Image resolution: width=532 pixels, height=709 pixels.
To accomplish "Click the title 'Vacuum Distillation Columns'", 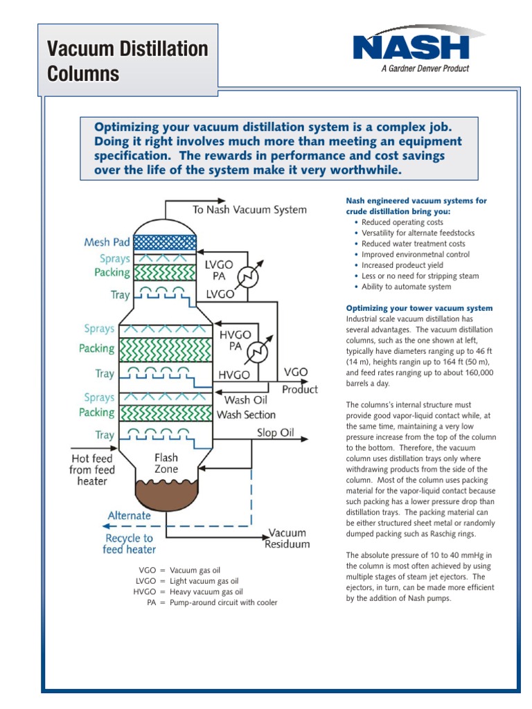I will [x=127, y=61].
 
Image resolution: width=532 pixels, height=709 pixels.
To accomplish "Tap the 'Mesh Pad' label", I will [x=107, y=242].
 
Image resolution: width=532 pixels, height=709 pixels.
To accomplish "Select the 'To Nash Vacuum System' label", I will [x=249, y=210].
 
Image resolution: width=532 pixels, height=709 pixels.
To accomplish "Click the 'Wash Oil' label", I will [x=247, y=400].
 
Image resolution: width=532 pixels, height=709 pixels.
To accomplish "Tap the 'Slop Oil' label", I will [x=277, y=433].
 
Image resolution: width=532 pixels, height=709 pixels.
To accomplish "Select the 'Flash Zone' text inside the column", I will [x=166, y=463].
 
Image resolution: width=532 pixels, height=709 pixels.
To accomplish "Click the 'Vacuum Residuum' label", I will [x=287, y=539].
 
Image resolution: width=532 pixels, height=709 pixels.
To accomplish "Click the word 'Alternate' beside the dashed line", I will [x=129, y=516].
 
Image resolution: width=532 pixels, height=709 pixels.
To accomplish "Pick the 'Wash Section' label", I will [x=246, y=415].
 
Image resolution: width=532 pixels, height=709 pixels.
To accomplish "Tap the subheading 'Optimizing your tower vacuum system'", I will [x=419, y=308].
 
